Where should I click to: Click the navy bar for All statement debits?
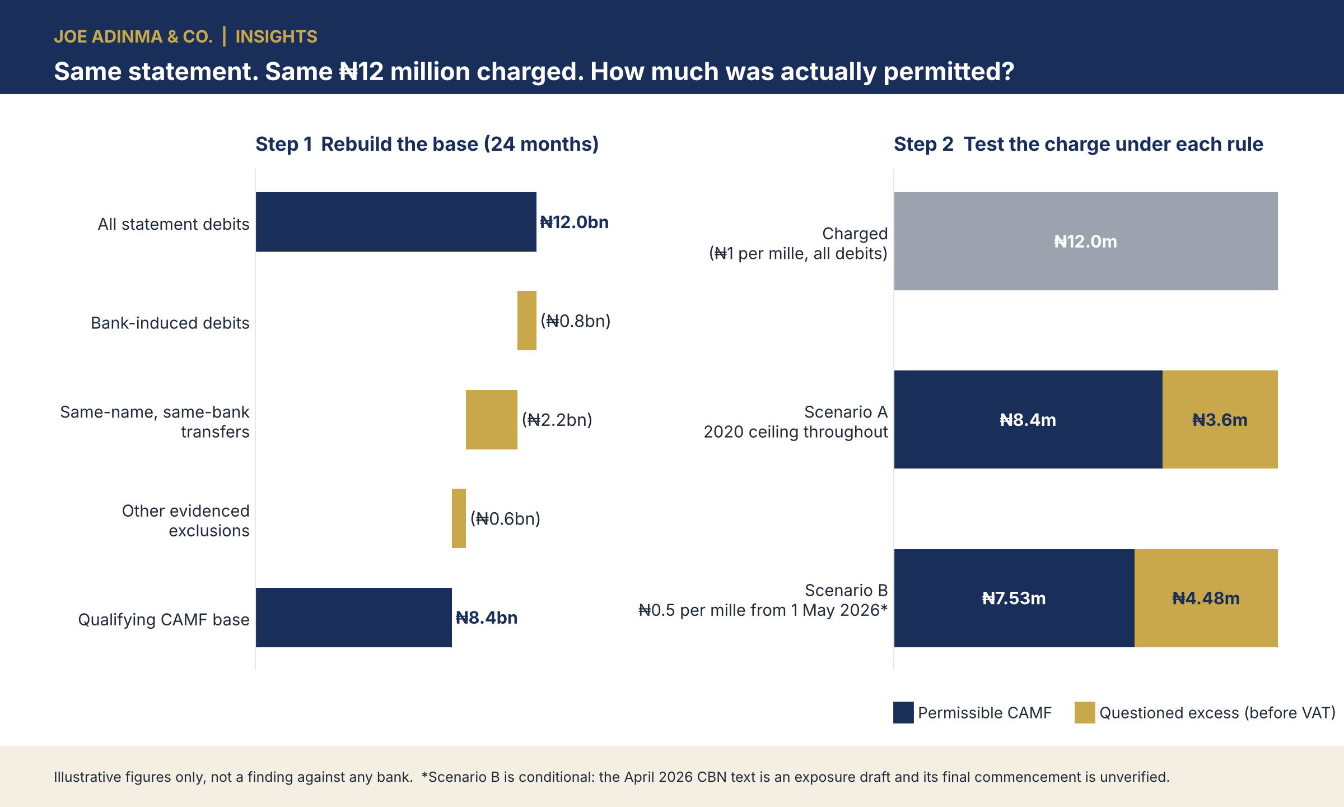pyautogui.click(x=396, y=222)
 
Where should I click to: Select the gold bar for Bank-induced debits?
pyautogui.click(x=527, y=321)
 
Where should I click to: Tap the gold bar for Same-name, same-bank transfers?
pyautogui.click(x=492, y=420)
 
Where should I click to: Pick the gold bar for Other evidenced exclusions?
pyautogui.click(x=459, y=518)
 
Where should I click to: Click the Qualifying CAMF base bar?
pyautogui.click(x=354, y=618)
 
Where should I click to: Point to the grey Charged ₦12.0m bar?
pyautogui.click(x=1086, y=241)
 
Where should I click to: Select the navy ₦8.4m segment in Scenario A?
pyautogui.click(x=1028, y=419)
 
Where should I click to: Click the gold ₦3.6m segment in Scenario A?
pyautogui.click(x=1220, y=419)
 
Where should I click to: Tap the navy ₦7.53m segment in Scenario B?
pyautogui.click(x=1014, y=598)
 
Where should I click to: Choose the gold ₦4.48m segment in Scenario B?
pyautogui.click(x=1206, y=598)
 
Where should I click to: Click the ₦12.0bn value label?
pyautogui.click(x=574, y=222)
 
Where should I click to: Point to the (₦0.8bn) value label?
pyautogui.click(x=576, y=321)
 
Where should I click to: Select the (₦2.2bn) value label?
pyautogui.click(x=557, y=420)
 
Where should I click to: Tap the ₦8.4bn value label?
pyautogui.click(x=487, y=618)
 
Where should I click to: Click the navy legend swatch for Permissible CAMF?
pyautogui.click(x=903, y=712)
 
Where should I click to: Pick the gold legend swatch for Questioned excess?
pyautogui.click(x=1085, y=712)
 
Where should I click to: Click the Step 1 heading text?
pyautogui.click(x=427, y=144)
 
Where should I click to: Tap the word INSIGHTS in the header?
pyautogui.click(x=276, y=36)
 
